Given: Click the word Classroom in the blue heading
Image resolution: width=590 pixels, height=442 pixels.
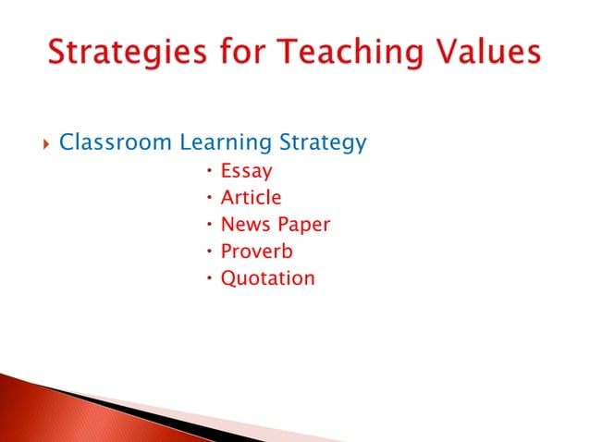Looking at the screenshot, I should tap(116, 143).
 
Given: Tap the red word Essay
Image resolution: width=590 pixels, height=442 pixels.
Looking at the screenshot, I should tap(246, 171).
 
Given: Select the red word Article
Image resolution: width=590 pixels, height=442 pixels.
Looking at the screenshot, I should tap(251, 197).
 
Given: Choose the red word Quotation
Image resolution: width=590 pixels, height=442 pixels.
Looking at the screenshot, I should tap(267, 277).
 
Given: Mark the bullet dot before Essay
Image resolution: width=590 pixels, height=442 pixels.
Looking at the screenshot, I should tap(210, 170).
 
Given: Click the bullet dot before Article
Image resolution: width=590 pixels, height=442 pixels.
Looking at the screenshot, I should tap(210, 197).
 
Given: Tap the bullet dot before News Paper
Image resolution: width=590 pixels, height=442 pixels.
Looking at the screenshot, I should tap(210, 224).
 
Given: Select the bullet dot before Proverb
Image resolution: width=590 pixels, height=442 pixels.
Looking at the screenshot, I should tap(210, 251).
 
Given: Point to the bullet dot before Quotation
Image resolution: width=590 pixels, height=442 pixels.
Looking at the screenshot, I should tap(210, 277).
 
